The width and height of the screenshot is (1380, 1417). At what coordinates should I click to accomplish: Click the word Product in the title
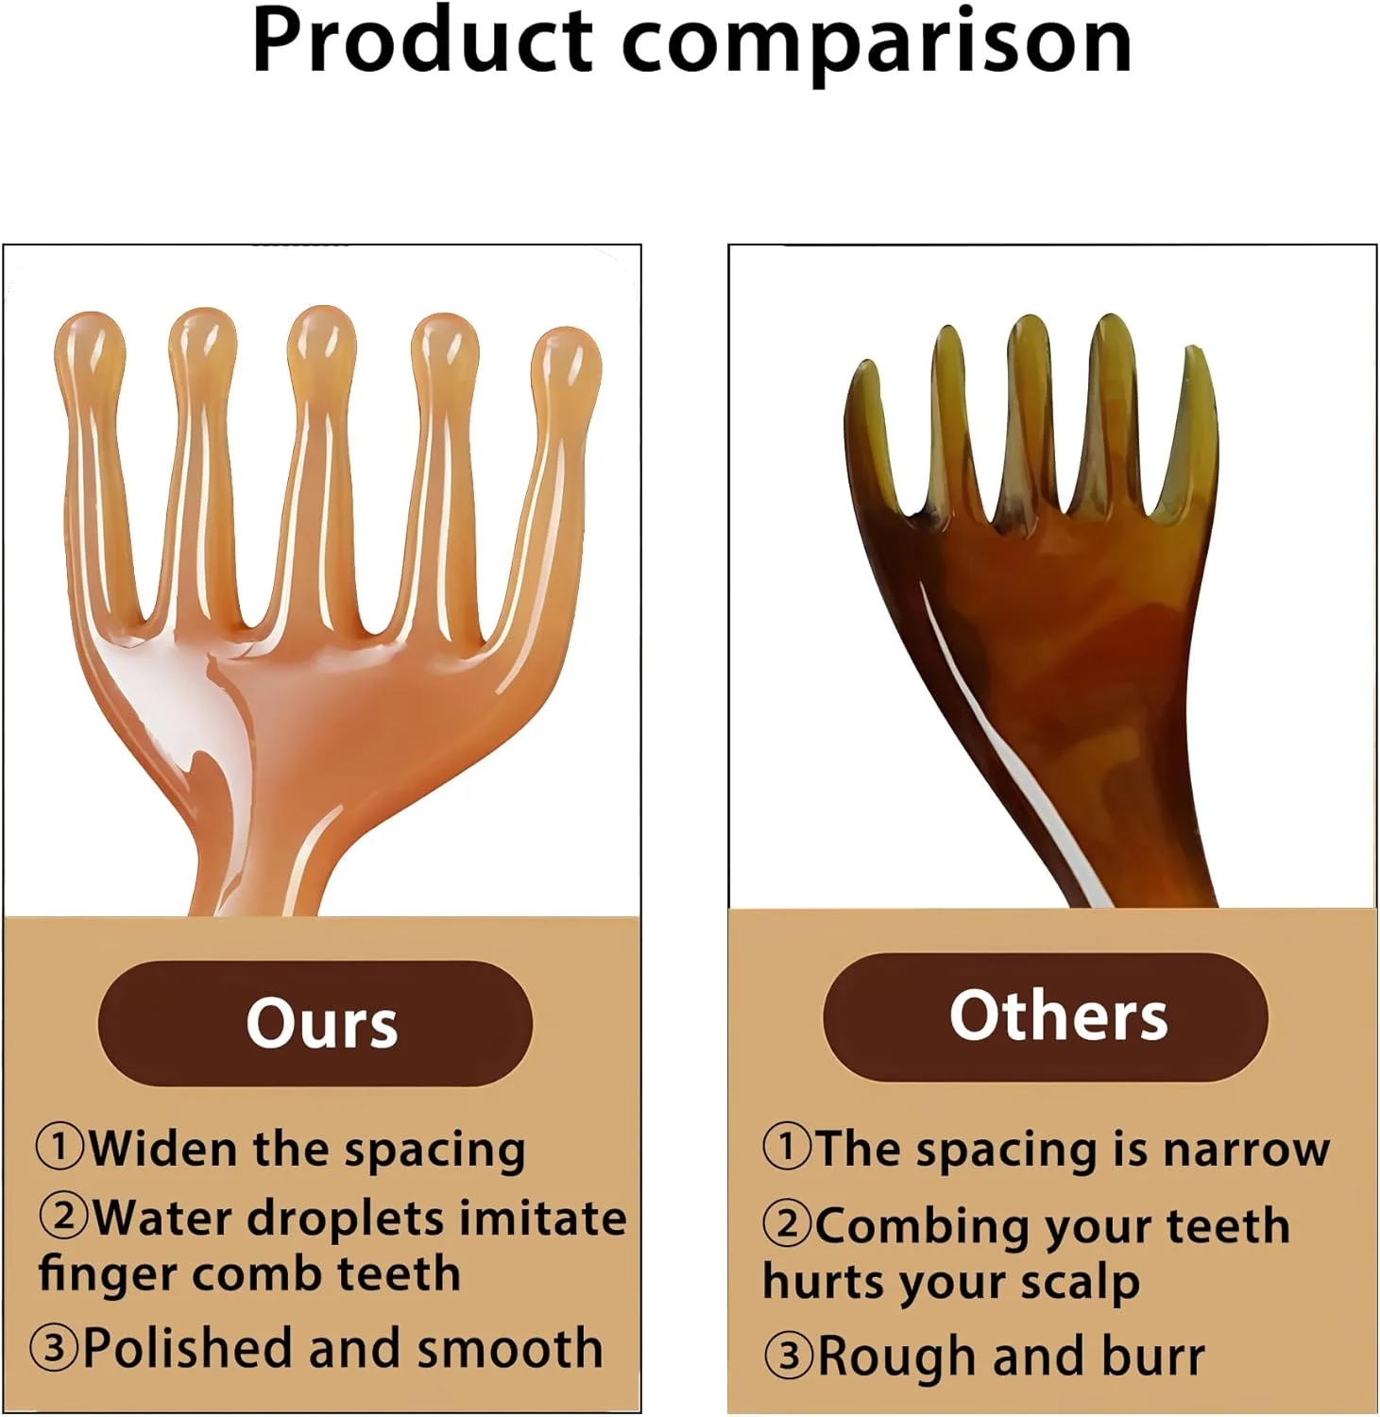421,42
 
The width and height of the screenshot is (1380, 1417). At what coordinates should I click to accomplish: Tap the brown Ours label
315,1023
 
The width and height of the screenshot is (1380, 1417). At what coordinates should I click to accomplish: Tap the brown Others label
1045,1016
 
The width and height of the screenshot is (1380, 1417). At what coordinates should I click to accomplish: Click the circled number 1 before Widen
60,1146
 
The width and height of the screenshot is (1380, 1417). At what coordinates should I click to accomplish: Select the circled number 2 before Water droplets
63,1215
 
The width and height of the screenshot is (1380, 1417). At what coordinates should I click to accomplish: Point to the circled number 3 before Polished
54,1347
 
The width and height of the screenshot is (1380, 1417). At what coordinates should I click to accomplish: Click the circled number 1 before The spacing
787,1146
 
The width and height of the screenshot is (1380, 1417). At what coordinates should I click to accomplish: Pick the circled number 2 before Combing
787,1223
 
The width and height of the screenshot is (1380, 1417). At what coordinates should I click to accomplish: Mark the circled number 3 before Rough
788,1356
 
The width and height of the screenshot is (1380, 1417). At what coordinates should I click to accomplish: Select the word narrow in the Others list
1246,1150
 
